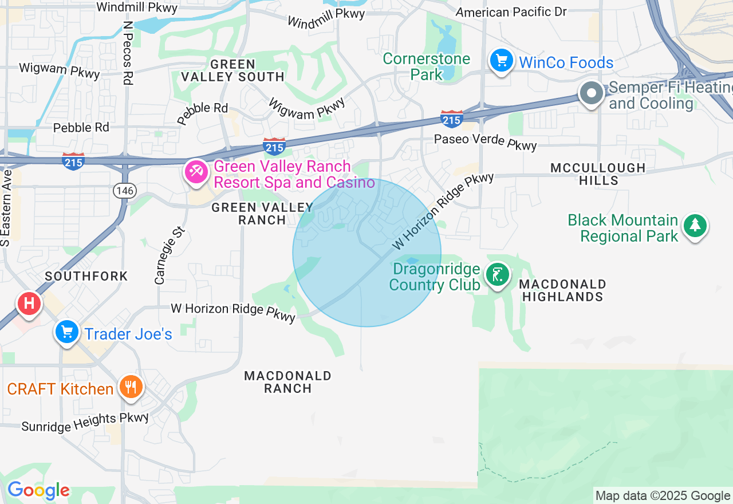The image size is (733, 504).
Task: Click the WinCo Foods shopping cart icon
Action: (x=501, y=60)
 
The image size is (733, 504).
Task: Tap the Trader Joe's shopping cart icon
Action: (x=67, y=332)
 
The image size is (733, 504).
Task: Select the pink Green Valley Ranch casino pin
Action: (x=196, y=171)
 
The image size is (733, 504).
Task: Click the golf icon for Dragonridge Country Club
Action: (x=497, y=275)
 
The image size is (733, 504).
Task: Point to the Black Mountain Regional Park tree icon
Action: (x=695, y=225)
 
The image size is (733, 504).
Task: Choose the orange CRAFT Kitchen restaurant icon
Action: (x=131, y=387)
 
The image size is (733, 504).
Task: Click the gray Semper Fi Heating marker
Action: (x=591, y=93)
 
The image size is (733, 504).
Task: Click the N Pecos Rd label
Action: (x=127, y=53)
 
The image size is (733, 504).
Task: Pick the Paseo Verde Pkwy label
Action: (x=485, y=141)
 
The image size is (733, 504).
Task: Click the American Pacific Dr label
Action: (x=511, y=11)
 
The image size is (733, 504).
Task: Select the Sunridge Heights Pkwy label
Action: (x=85, y=422)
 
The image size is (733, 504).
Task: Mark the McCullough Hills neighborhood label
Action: (x=598, y=174)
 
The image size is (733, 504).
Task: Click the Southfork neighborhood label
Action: (x=86, y=276)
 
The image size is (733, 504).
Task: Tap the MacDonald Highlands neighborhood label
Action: (x=562, y=290)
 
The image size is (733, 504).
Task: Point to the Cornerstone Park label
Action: (x=426, y=66)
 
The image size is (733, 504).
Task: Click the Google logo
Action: (x=38, y=490)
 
